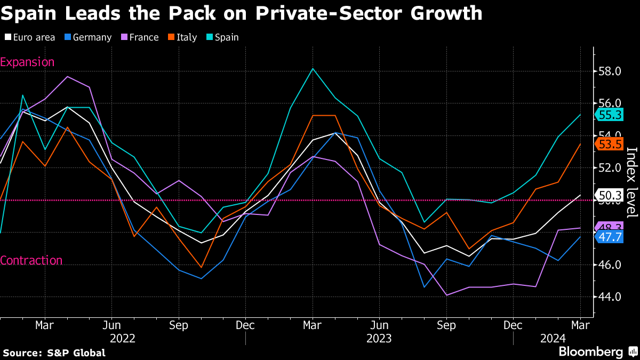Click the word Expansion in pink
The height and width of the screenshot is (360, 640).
tap(27, 62)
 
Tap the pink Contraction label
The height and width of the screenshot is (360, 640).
tap(31, 260)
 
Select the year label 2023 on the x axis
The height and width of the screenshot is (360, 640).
tap(379, 338)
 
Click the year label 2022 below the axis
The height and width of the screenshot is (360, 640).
tap(122, 338)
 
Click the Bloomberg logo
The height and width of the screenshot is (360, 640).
tap(590, 352)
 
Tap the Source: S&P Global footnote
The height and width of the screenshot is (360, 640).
tap(54, 353)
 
